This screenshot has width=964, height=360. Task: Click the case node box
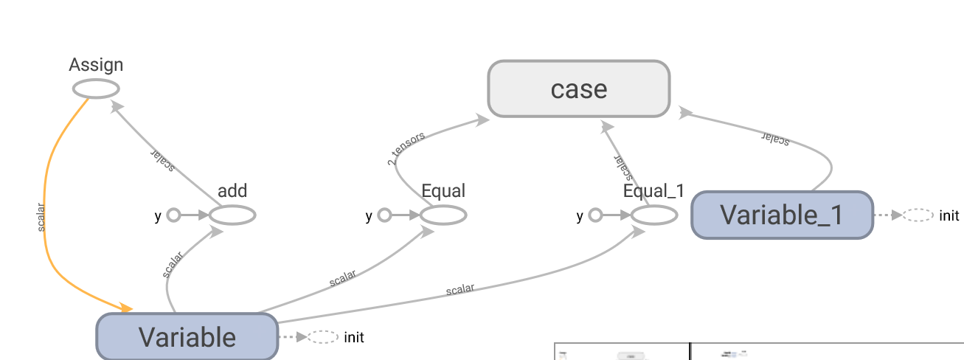coord(578,89)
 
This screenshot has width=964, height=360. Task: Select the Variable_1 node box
coord(781,215)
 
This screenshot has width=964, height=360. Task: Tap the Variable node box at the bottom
coord(187,336)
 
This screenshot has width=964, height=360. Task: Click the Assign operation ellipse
coord(96,89)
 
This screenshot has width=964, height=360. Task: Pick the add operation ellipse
coord(232,215)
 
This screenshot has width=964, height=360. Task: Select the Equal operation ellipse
coord(443,215)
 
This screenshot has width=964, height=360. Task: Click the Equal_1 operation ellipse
coord(654,215)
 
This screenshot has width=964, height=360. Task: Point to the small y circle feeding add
coord(173,215)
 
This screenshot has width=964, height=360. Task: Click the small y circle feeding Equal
coord(384,215)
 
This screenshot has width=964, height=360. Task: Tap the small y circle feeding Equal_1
coord(595,215)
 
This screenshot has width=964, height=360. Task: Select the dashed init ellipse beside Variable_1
coord(918,215)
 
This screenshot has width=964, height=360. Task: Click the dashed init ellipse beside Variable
coord(322,337)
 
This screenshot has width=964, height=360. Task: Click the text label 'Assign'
coord(96,65)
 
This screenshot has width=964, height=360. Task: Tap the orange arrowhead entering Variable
coord(125,308)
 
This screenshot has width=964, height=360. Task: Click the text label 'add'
coord(232,191)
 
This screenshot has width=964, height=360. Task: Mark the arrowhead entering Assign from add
coord(116,106)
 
